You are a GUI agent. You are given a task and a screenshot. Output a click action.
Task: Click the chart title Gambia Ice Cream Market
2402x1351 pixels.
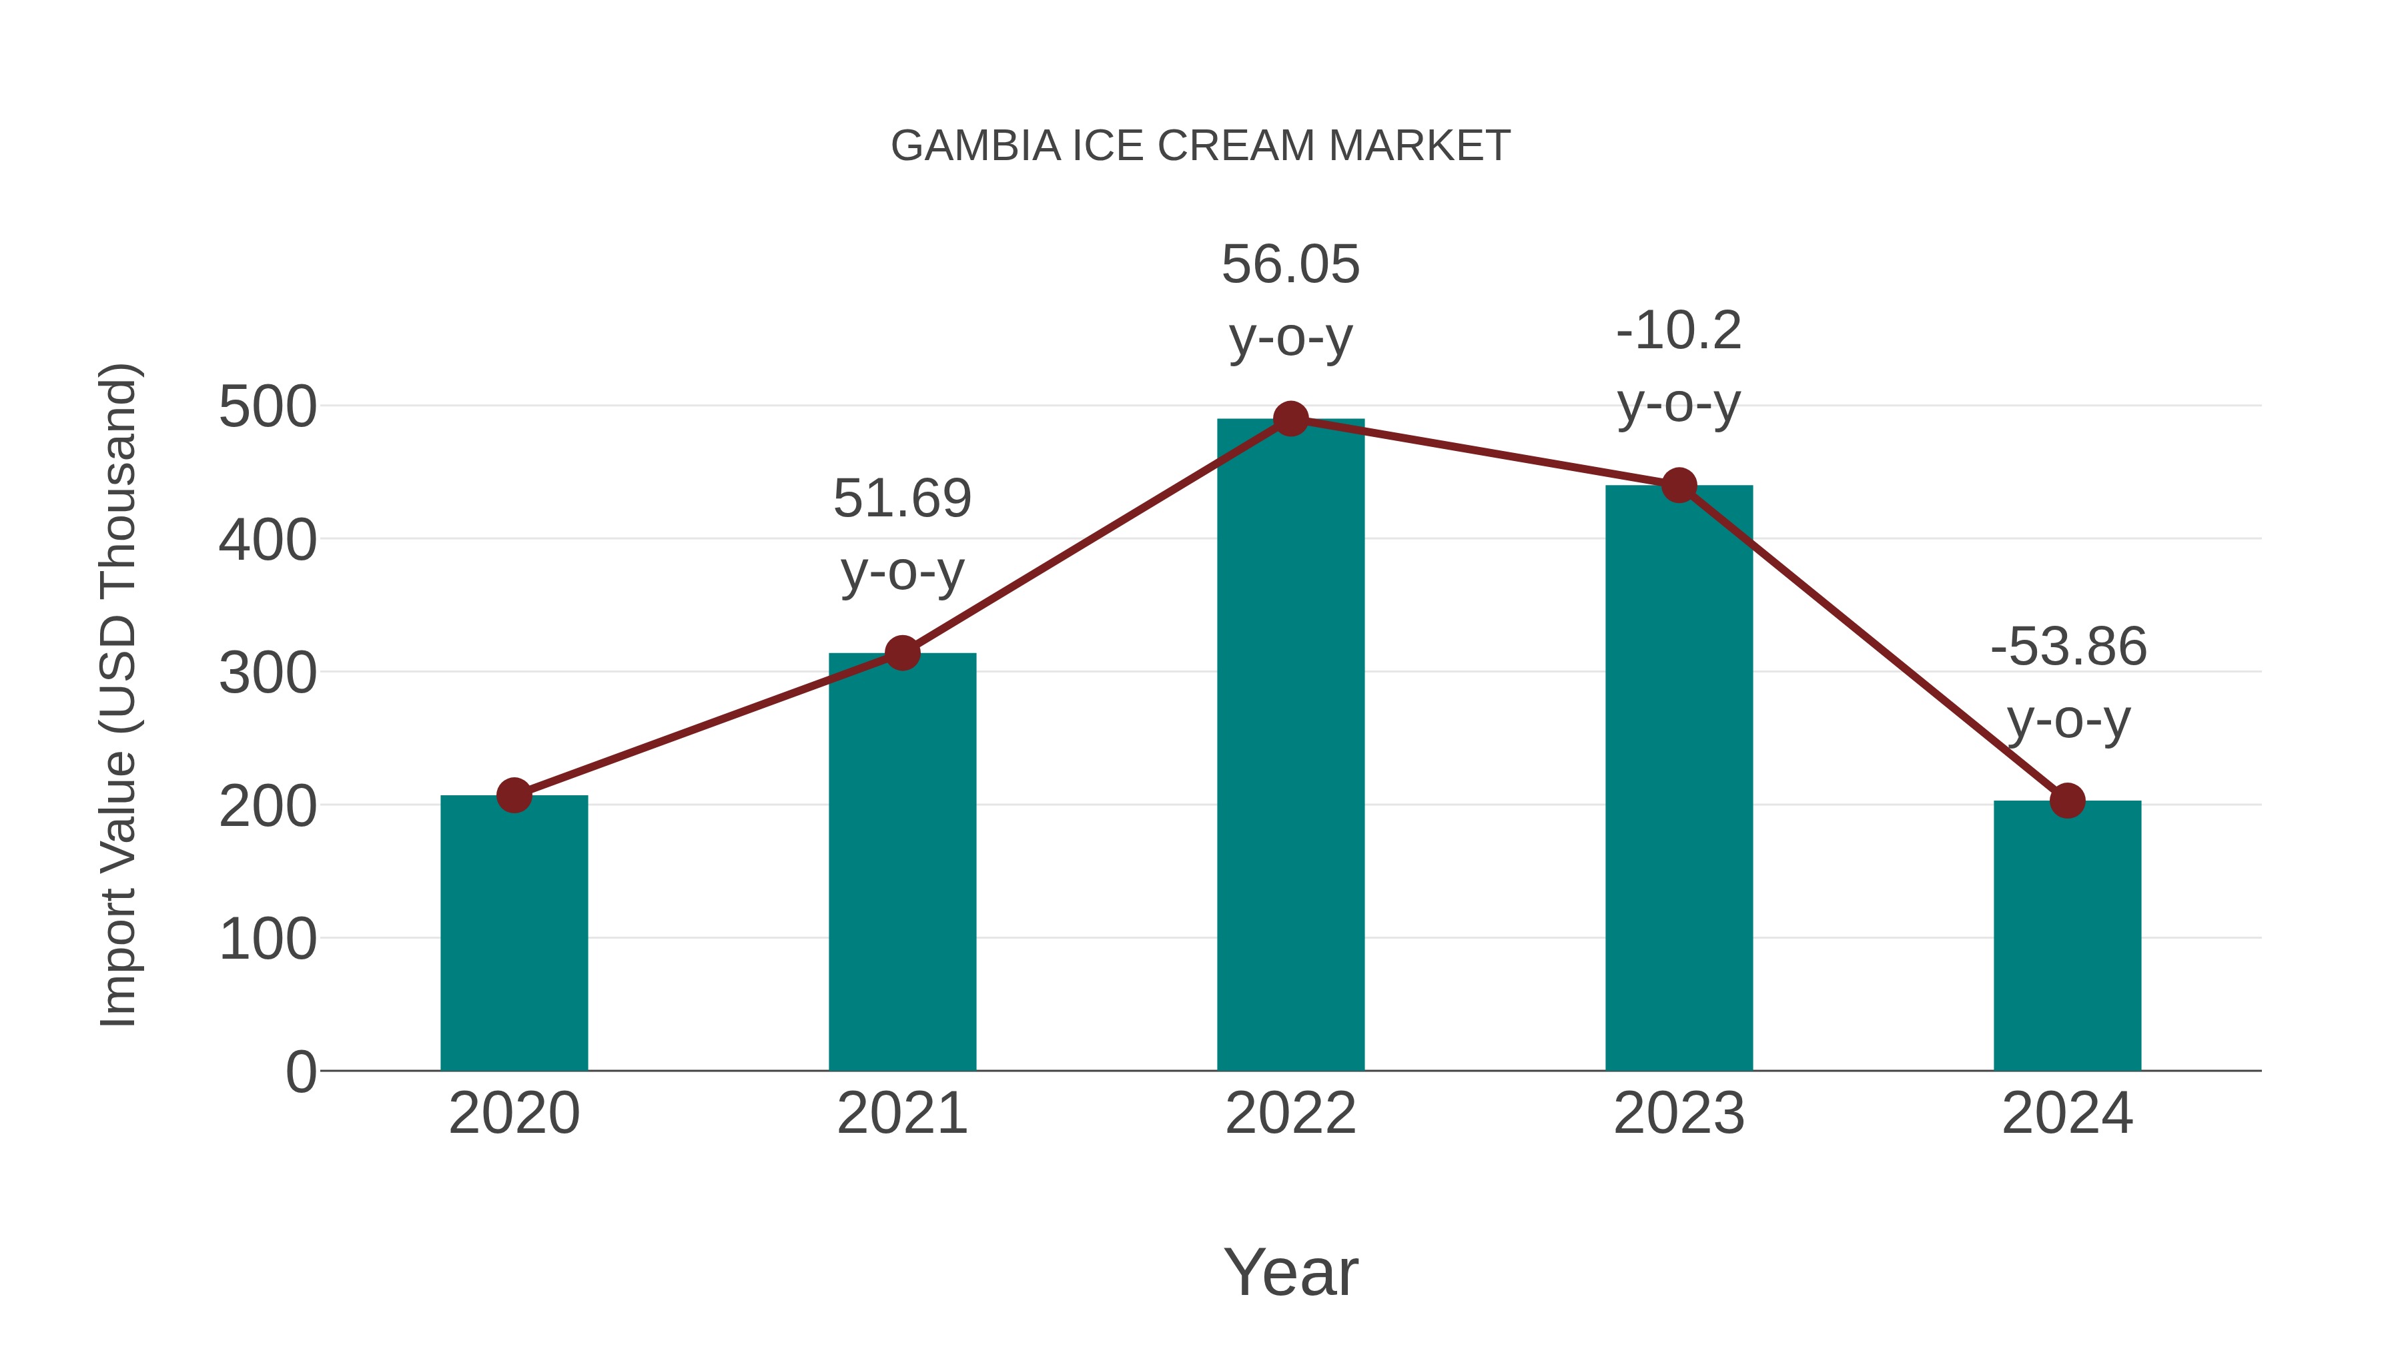pos(1200,146)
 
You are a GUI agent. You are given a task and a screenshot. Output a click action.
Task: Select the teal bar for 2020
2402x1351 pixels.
pos(514,933)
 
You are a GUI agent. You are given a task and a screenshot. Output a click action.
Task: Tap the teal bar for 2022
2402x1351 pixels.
pos(1290,746)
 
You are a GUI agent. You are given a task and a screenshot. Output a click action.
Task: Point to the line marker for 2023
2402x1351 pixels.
pos(1679,485)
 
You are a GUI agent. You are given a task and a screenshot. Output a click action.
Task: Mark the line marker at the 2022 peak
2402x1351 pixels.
pos(1290,418)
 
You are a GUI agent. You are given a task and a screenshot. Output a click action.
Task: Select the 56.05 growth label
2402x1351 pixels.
pos(1290,300)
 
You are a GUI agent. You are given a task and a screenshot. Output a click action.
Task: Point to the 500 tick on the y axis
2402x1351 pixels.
pos(268,408)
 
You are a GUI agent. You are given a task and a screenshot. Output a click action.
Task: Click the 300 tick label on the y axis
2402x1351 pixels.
pos(268,673)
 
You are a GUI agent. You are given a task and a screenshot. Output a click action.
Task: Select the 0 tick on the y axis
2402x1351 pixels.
pos(301,1071)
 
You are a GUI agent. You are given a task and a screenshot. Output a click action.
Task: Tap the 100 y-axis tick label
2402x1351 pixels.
pos(268,939)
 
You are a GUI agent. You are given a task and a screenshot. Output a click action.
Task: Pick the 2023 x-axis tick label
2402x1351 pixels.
pos(1679,1113)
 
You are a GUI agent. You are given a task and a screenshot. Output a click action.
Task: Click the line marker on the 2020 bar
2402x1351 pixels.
pos(514,795)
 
